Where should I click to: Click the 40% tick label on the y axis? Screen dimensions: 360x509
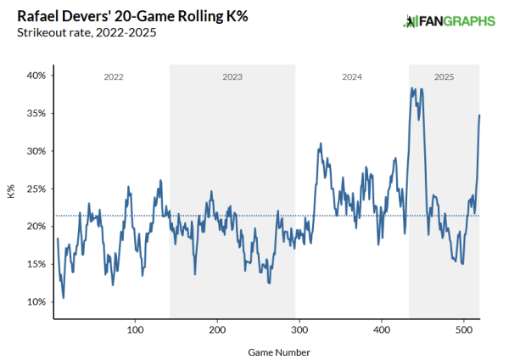click(x=35, y=76)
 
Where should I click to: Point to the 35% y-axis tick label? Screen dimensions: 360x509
click(x=35, y=113)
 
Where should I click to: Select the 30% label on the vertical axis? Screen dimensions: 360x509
click(x=35, y=151)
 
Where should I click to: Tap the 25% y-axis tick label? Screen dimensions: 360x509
click(x=35, y=188)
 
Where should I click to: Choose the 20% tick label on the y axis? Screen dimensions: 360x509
click(x=35, y=226)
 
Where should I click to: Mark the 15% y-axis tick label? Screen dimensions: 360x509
click(x=35, y=264)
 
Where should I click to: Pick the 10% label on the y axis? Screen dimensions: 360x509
click(x=35, y=301)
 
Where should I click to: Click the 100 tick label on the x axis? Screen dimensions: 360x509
click(x=136, y=329)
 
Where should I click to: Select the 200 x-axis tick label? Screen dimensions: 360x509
click(x=217, y=329)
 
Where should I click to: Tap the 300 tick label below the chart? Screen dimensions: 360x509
click(x=299, y=329)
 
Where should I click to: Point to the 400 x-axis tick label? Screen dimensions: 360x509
click(x=382, y=329)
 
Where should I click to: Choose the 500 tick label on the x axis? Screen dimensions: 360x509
click(x=464, y=329)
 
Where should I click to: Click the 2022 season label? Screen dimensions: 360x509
click(x=114, y=77)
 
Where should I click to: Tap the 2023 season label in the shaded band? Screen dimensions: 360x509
click(x=232, y=77)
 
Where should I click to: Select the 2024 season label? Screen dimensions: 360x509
click(x=352, y=77)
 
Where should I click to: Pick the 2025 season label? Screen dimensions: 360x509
click(x=444, y=77)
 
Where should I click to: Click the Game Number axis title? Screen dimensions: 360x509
click(x=267, y=351)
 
